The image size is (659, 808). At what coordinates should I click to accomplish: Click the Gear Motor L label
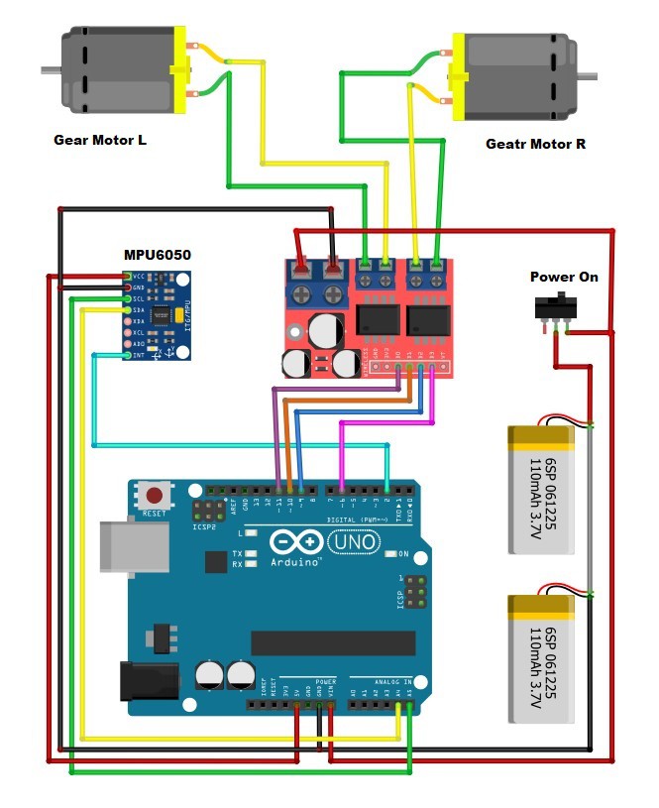(x=99, y=140)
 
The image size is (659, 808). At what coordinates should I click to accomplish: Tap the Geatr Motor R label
(x=535, y=144)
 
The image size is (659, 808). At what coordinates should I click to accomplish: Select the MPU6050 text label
(x=157, y=255)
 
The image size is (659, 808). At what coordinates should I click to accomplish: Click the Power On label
(x=564, y=277)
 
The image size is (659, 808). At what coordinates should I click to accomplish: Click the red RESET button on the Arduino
(x=154, y=494)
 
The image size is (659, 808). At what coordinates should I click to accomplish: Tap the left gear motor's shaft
(x=50, y=69)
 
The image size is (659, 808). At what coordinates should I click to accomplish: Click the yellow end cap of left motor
(x=179, y=69)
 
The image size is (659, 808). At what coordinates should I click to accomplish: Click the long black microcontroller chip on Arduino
(x=332, y=642)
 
